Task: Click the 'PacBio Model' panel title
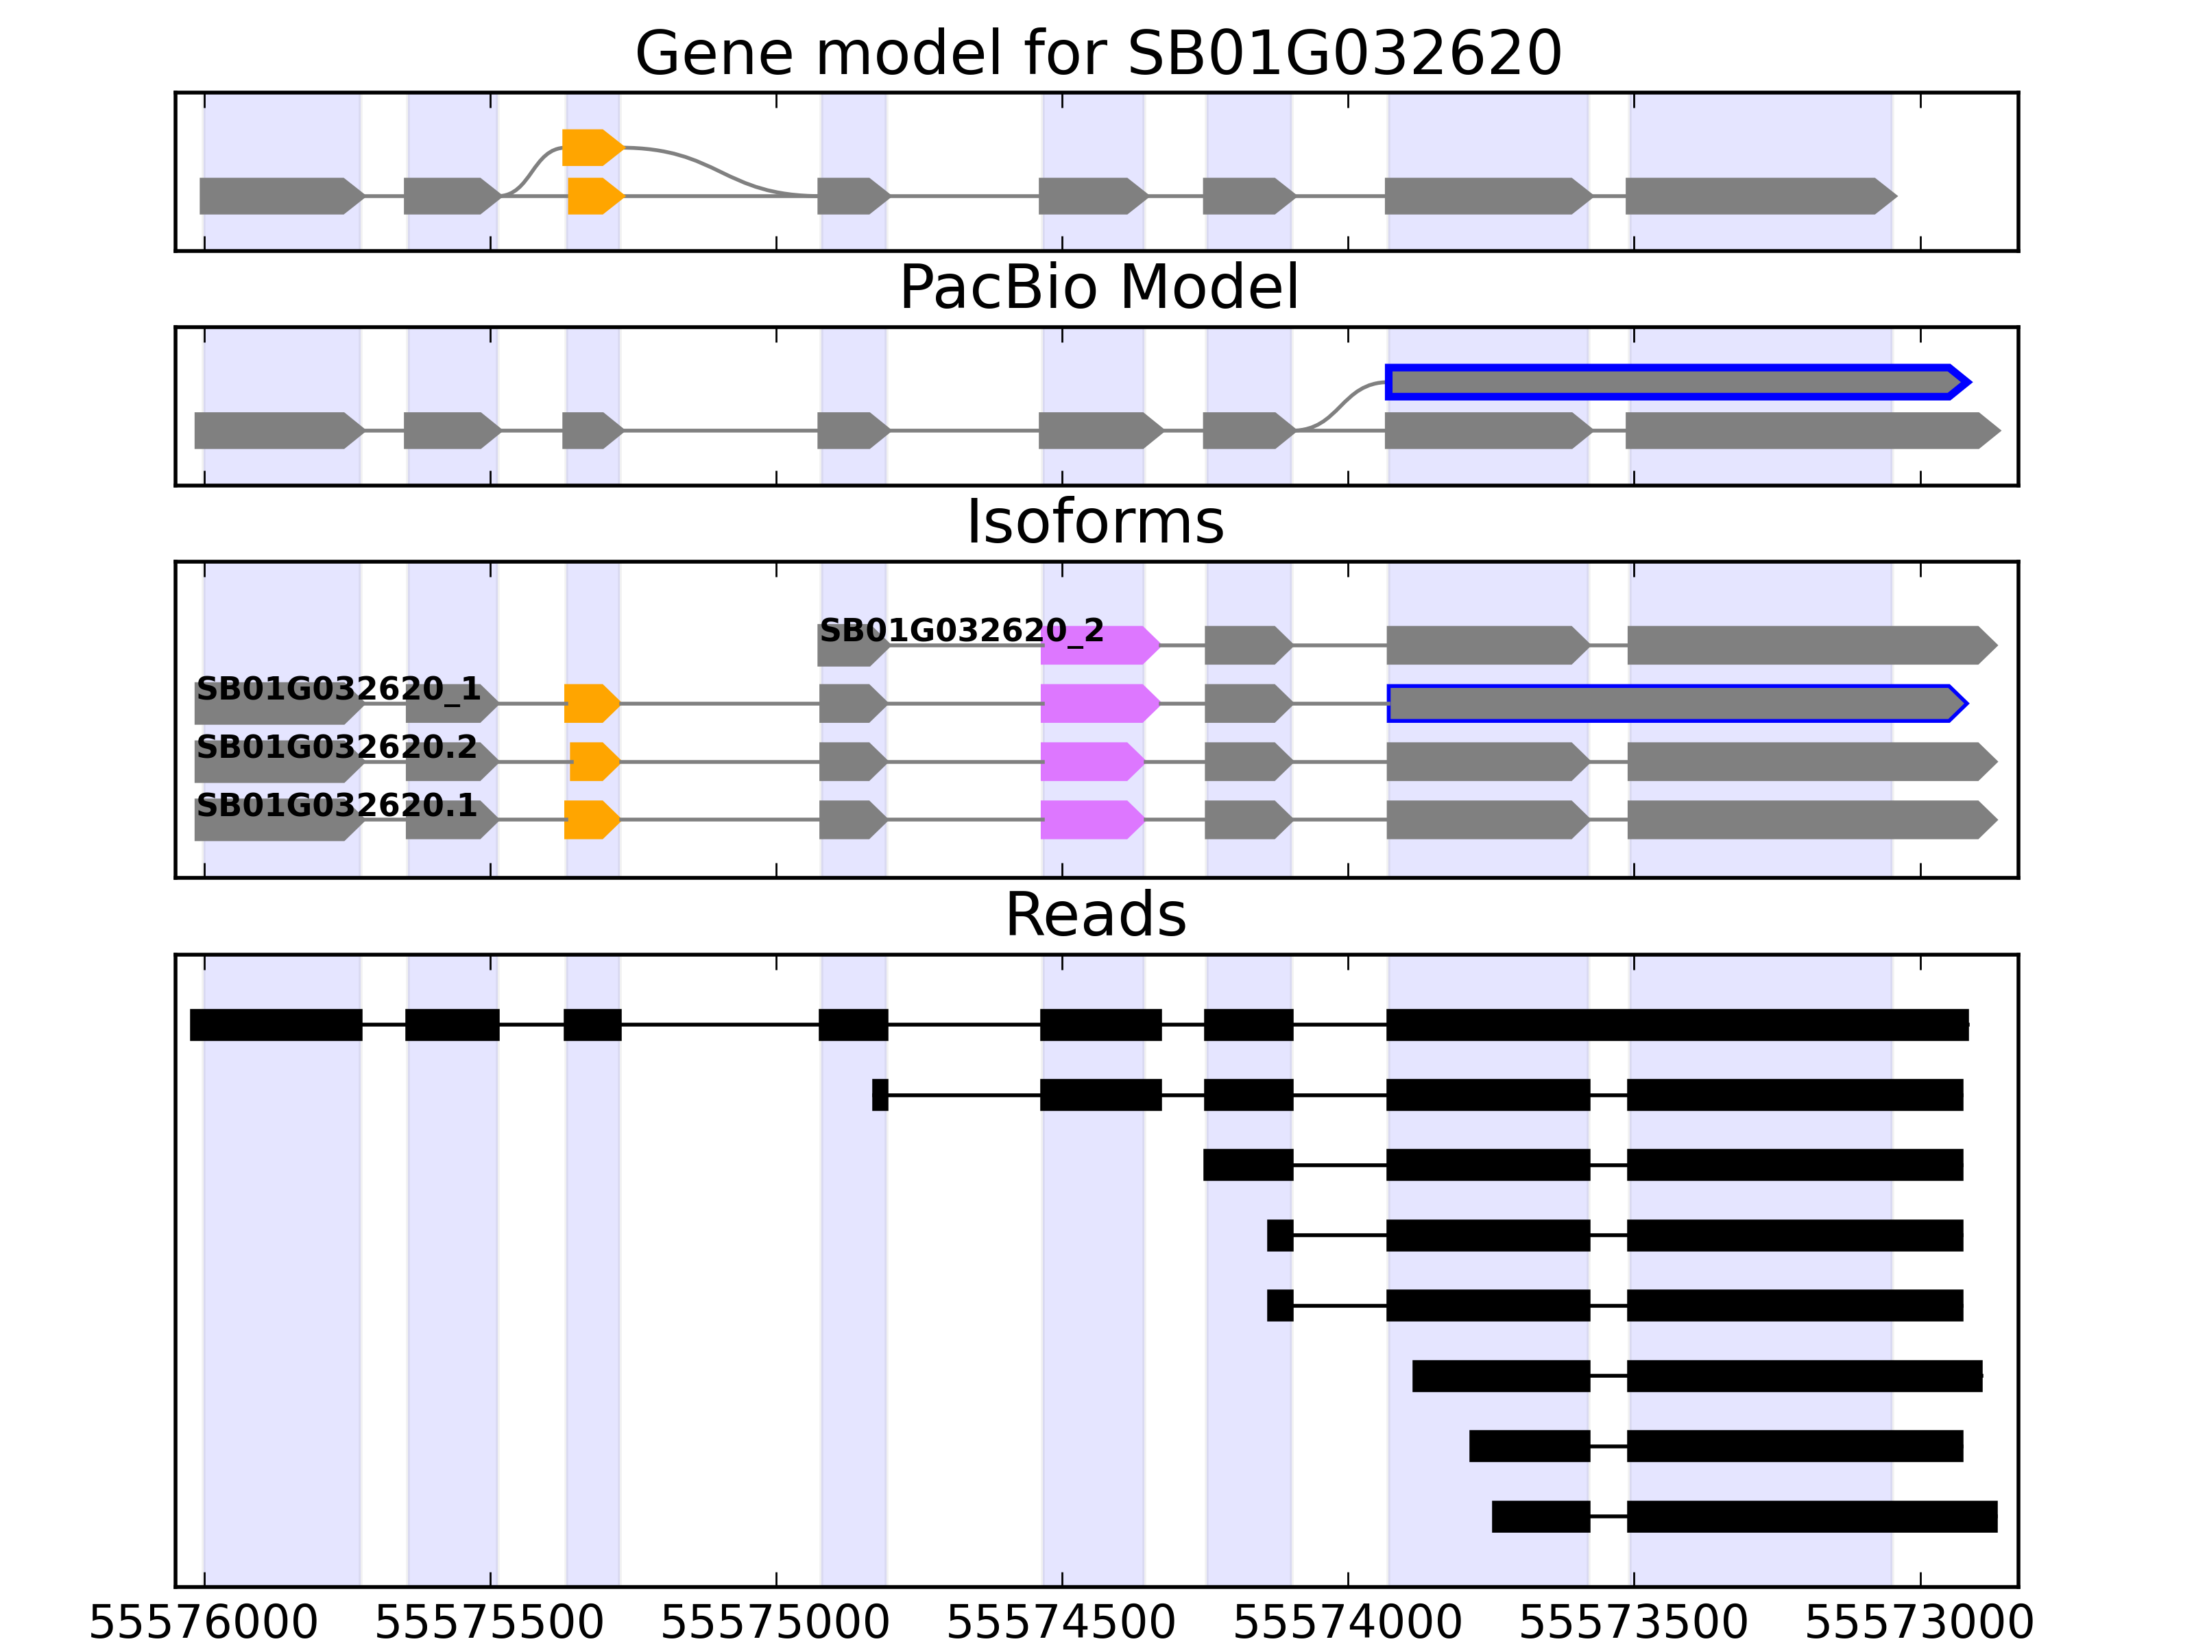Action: (1097, 288)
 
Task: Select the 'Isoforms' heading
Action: (1095, 523)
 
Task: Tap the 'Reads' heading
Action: (1095, 915)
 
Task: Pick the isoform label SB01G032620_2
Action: (960, 630)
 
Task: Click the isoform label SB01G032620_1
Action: (337, 689)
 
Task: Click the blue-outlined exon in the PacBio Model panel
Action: (1676, 382)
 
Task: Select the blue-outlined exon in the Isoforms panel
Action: (1676, 704)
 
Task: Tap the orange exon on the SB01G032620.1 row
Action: (591, 820)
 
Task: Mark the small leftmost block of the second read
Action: (880, 1095)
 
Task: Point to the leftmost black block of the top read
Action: (276, 1025)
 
